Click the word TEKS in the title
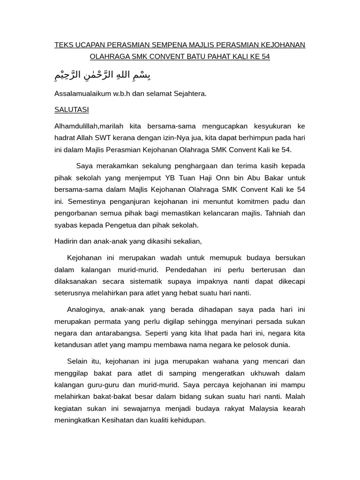pyautogui.click(x=63, y=45)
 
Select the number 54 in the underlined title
pyautogui.click(x=265, y=57)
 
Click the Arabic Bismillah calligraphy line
pyautogui.click(x=103, y=75)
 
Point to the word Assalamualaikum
pyautogui.click(x=81, y=93)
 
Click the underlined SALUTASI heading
pyautogui.click(x=72, y=110)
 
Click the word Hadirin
pyautogui.click(x=67, y=241)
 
